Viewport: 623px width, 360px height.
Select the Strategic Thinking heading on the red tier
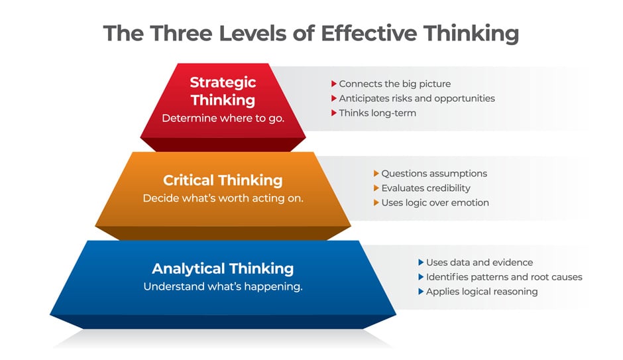223,91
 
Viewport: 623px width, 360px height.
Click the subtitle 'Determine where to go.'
223,118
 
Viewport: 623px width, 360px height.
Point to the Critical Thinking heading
223,180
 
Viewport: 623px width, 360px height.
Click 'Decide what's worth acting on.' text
223,198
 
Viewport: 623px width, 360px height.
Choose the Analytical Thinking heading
223,269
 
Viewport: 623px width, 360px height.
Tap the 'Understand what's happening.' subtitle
223,287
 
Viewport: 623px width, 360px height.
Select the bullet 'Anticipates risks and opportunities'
417,98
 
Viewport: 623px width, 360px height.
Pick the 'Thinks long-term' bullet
377,113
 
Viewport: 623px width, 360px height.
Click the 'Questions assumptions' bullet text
434,174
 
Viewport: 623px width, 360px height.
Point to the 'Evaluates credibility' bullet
425,188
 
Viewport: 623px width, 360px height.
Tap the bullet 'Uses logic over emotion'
435,202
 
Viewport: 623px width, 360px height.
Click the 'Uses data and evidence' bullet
479,263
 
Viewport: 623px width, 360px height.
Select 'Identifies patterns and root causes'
504,277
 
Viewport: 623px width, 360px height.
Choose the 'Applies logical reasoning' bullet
481,292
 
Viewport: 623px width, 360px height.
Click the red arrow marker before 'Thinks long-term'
334,113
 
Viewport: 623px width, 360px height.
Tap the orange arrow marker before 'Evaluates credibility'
376,188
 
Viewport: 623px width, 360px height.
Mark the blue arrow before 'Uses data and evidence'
421,263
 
